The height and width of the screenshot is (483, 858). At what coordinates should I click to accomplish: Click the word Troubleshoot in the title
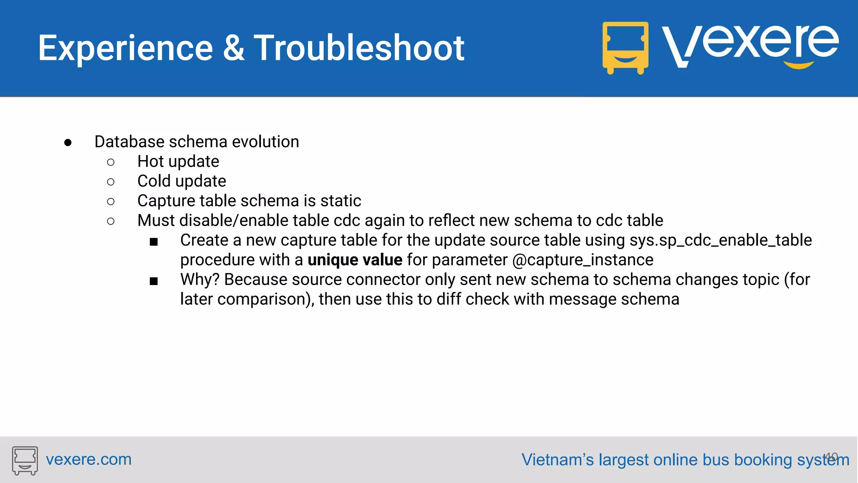[359, 48]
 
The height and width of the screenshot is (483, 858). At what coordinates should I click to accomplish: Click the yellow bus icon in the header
[625, 48]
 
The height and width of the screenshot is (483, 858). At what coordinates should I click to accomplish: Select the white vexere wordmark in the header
[750, 44]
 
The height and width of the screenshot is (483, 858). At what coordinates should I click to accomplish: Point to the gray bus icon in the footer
[25, 460]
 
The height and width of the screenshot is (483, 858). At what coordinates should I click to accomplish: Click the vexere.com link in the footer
[88, 460]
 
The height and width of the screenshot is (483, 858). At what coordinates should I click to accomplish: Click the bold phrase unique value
[355, 260]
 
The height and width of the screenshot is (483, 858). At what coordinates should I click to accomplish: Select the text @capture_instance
[582, 260]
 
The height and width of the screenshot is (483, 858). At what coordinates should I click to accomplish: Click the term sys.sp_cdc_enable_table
[721, 240]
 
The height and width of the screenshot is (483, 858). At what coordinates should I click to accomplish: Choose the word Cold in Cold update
[154, 181]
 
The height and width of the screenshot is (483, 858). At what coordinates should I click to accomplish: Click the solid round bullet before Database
[68, 143]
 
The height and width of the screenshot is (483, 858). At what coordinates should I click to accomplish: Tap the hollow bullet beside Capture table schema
[111, 202]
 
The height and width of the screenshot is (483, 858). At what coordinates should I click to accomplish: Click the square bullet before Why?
[154, 281]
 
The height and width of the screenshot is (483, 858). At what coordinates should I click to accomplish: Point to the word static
[341, 201]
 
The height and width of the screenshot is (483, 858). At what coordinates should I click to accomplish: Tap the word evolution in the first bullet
[265, 142]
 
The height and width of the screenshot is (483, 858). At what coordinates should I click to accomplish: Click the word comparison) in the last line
[266, 299]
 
